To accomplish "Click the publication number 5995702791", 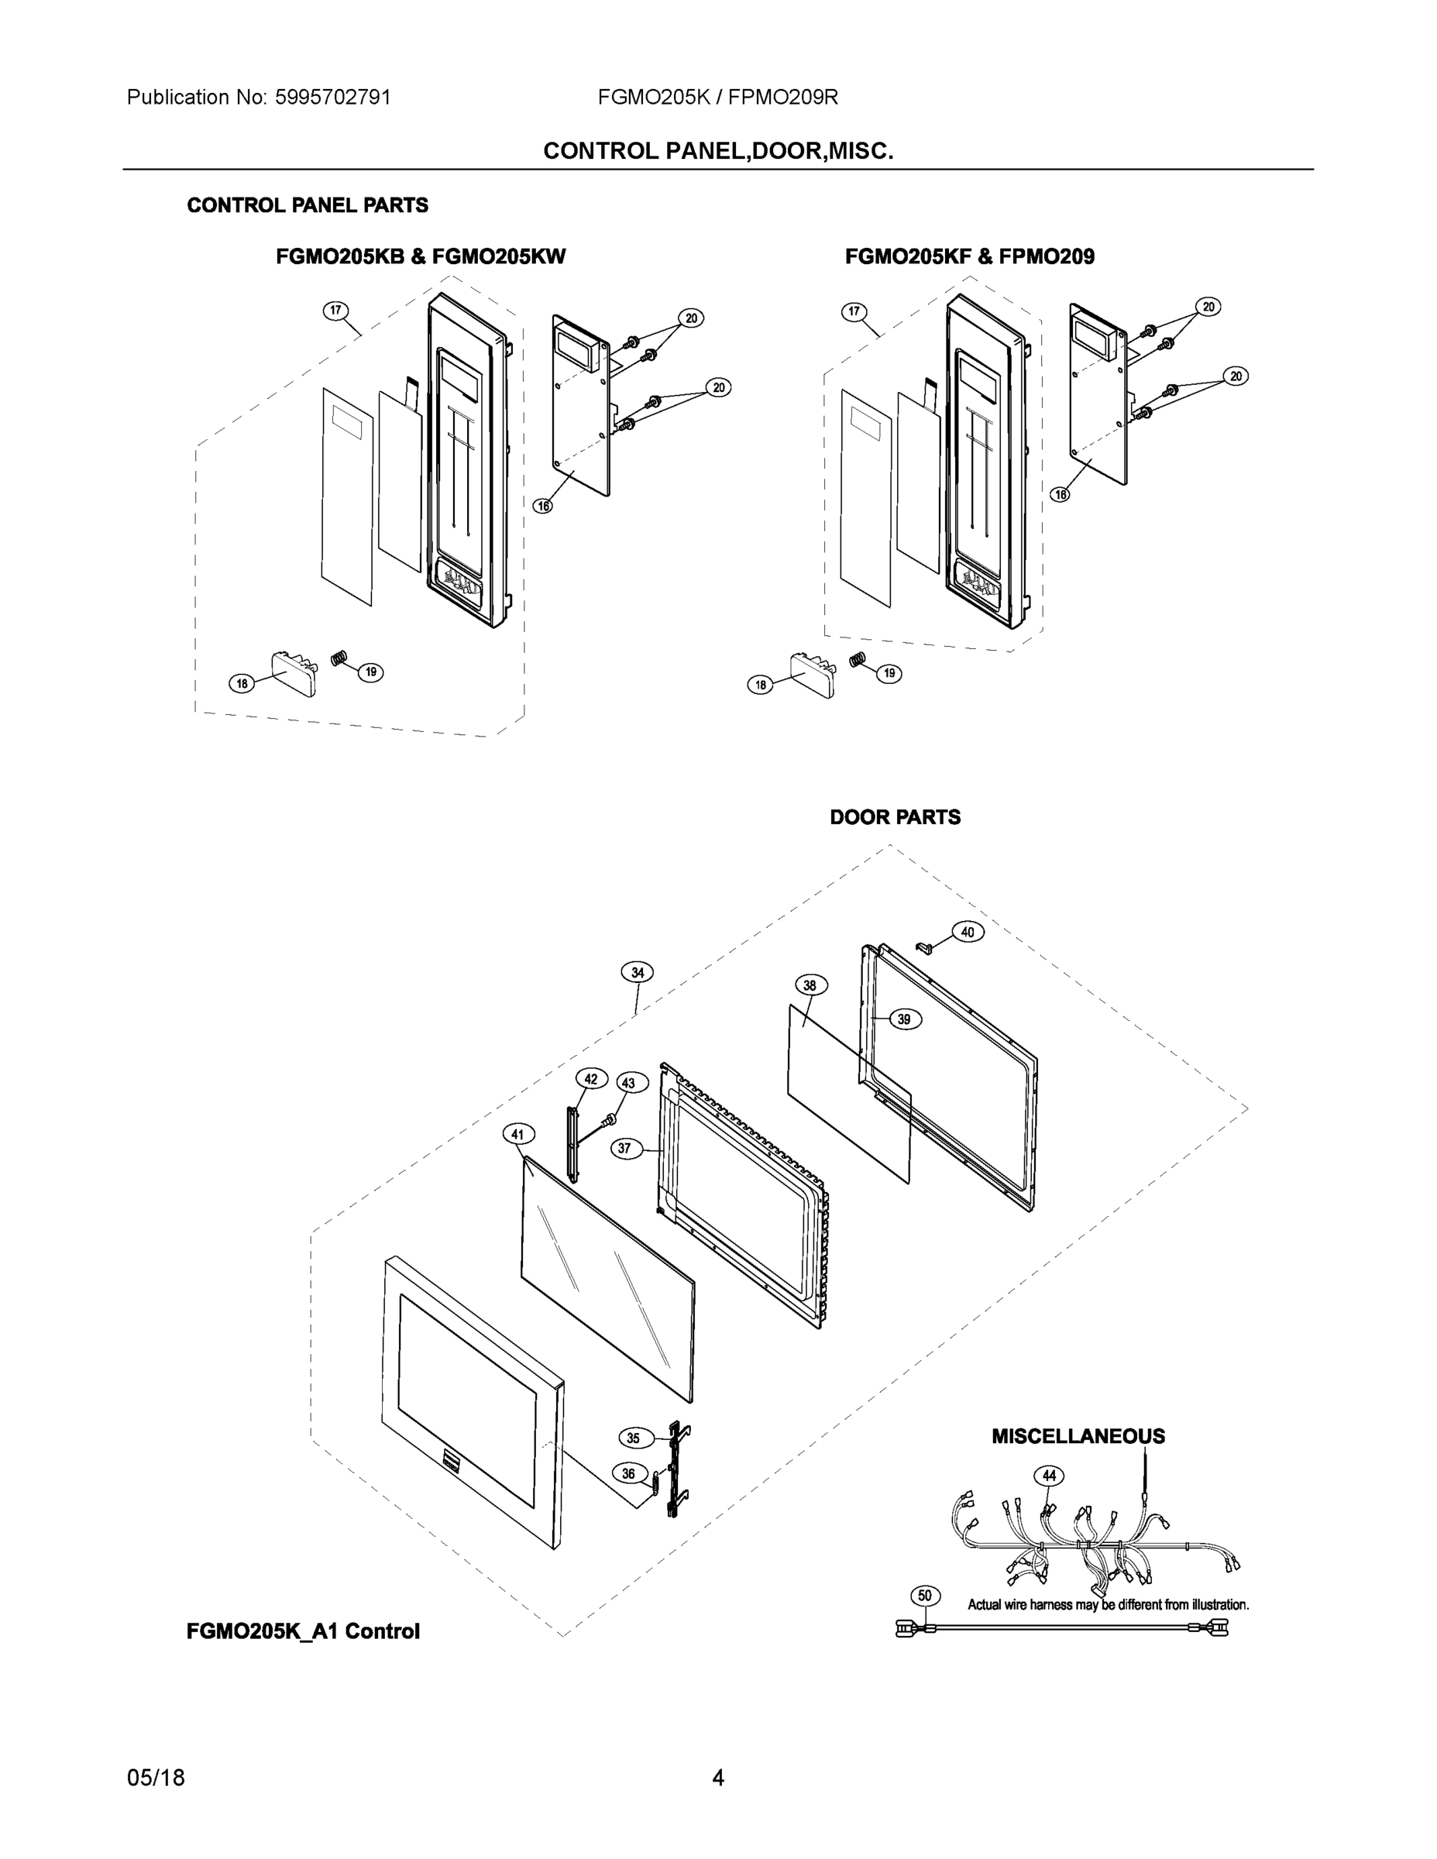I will pyautogui.click(x=333, y=97).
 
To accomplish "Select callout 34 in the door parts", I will pyautogui.click(x=637, y=972).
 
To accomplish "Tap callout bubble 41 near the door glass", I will pyautogui.click(x=518, y=1135).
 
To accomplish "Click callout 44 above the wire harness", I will pyautogui.click(x=1049, y=1476).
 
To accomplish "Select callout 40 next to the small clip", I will pyautogui.click(x=968, y=932).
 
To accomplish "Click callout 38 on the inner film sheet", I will pyautogui.click(x=810, y=986).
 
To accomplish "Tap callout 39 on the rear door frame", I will pyautogui.click(x=904, y=1019).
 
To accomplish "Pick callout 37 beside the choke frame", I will pyautogui.click(x=625, y=1148).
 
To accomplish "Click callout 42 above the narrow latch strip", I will pyautogui.click(x=591, y=1079).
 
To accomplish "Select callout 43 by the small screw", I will pyautogui.click(x=628, y=1084).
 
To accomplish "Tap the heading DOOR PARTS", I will pyautogui.click(x=895, y=817).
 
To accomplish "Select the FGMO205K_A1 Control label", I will pyautogui.click(x=303, y=1632).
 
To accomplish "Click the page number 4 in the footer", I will pyautogui.click(x=717, y=1778).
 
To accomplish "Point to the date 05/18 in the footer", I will pyautogui.click(x=156, y=1778).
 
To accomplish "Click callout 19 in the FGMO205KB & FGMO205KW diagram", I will pyautogui.click(x=370, y=672).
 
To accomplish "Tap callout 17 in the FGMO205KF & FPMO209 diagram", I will pyautogui.click(x=854, y=312).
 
